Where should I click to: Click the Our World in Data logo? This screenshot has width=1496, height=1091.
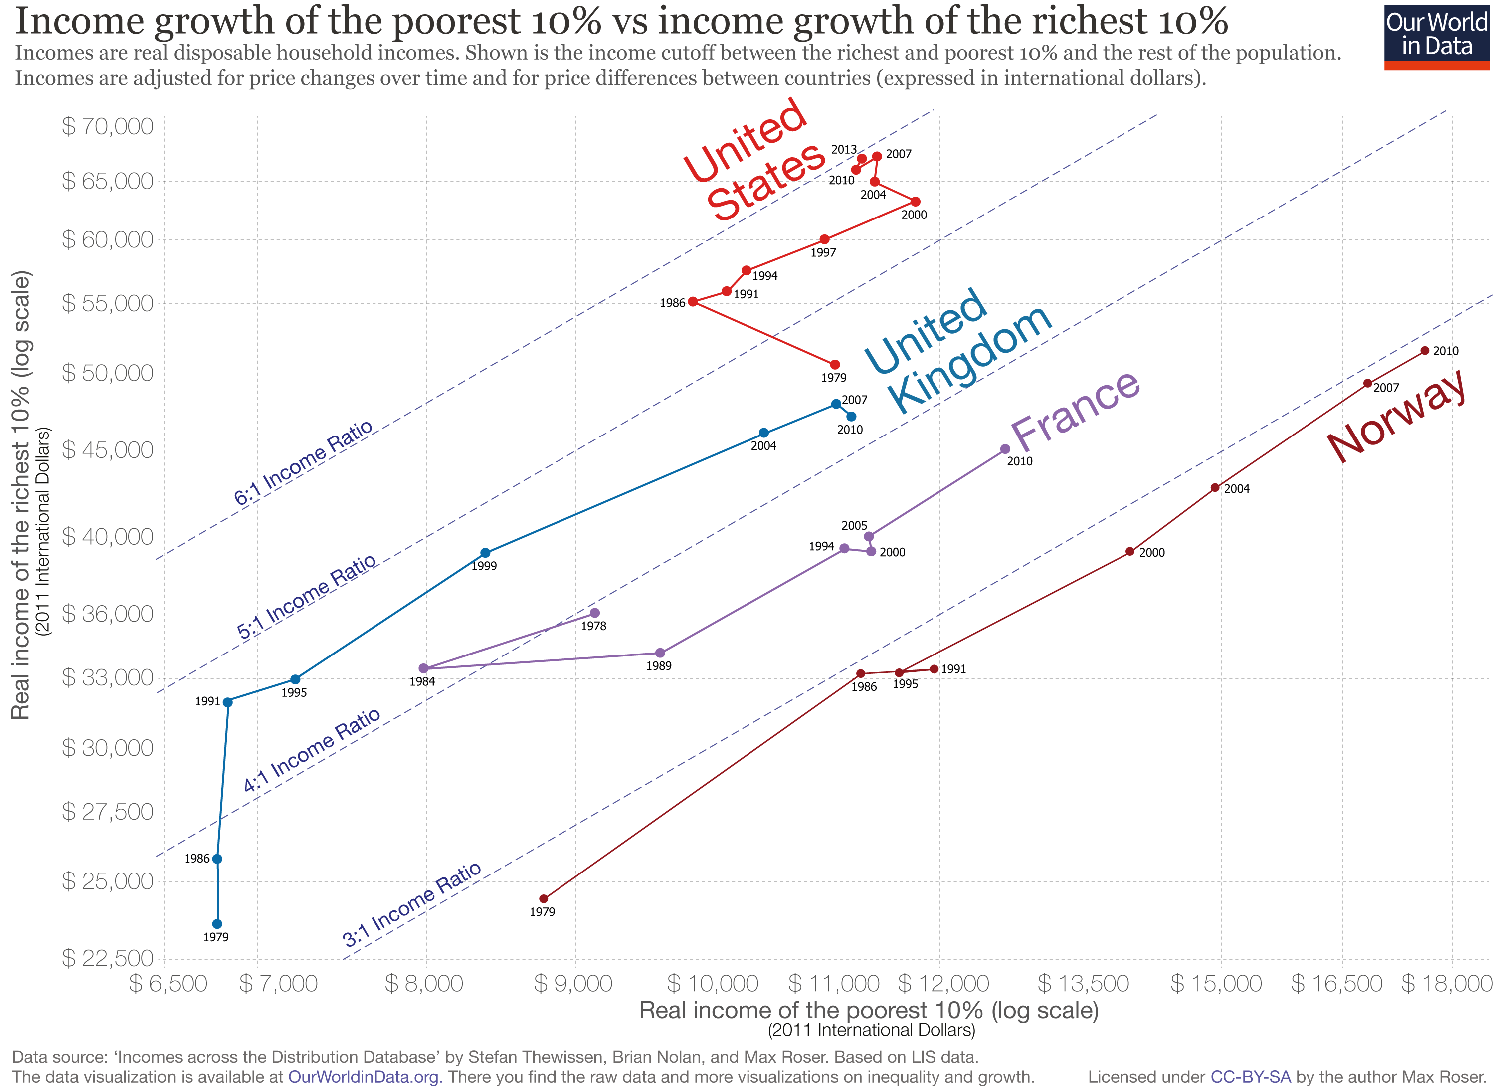pyautogui.click(x=1436, y=37)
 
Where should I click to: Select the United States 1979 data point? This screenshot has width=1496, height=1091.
pyautogui.click(x=834, y=365)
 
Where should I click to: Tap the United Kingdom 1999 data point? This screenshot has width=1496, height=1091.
pyautogui.click(x=485, y=553)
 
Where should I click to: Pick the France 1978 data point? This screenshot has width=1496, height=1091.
pyautogui.click(x=595, y=613)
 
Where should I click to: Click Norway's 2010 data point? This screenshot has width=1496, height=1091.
pyautogui.click(x=1425, y=351)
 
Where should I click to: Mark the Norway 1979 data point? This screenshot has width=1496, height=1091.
pyautogui.click(x=544, y=899)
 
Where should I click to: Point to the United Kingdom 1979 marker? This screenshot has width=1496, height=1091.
pyautogui.click(x=217, y=924)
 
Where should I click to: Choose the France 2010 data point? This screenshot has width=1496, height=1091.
pyautogui.click(x=1005, y=449)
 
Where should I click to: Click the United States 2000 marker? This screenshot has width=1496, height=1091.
pyautogui.click(x=915, y=202)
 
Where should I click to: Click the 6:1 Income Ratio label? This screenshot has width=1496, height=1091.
pyautogui.click(x=304, y=463)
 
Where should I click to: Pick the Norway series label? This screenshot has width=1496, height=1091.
pyautogui.click(x=1396, y=417)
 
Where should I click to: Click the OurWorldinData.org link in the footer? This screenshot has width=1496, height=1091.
pyautogui.click(x=364, y=1077)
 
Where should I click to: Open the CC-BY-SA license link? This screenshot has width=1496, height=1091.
pyautogui.click(x=1251, y=1077)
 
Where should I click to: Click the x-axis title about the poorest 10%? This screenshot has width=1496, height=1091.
pyautogui.click(x=869, y=1010)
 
